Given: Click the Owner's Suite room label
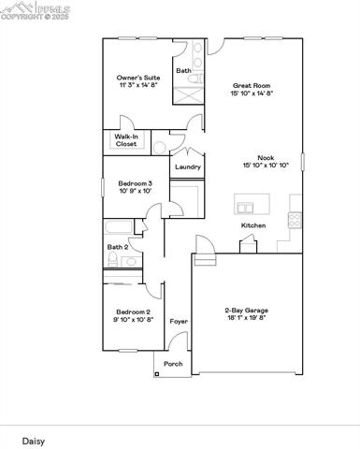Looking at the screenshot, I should [x=138, y=78].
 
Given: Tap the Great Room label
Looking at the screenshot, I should [x=252, y=85].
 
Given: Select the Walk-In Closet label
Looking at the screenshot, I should [x=126, y=140].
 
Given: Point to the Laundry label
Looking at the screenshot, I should [x=188, y=167].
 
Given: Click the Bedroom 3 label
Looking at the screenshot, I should [x=135, y=183].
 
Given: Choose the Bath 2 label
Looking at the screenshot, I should [x=117, y=247].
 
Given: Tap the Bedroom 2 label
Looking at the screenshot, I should [x=133, y=311].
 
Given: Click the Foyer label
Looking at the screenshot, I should [x=178, y=321].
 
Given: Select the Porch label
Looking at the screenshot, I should [x=173, y=364].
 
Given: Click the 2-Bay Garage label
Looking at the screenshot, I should [x=246, y=310].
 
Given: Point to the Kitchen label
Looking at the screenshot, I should [x=253, y=225].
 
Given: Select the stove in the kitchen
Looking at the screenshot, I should [x=295, y=221].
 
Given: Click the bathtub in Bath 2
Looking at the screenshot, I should [x=120, y=227].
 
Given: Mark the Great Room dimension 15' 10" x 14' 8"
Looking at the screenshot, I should [x=252, y=94].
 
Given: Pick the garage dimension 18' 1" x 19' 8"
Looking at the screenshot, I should [x=246, y=318].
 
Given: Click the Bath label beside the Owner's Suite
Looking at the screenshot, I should [x=184, y=70].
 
